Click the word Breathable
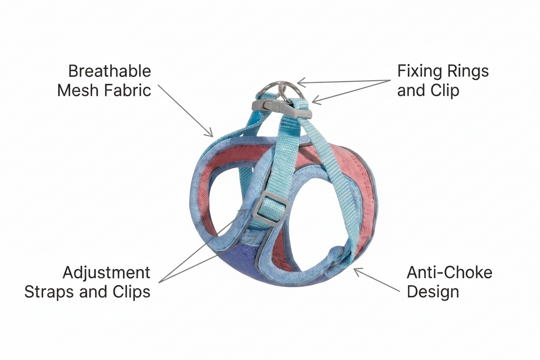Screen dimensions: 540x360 pyautogui.click(x=110, y=71)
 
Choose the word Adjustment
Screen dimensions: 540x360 pyautogui.click(x=106, y=273)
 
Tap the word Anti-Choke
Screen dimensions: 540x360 pyautogui.click(x=450, y=272)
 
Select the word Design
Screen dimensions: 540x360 pyautogui.click(x=433, y=292)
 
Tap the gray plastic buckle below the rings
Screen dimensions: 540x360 pyautogui.click(x=282, y=109)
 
